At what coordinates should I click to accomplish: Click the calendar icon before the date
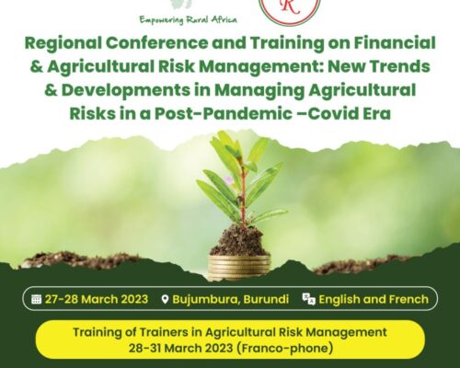tap(36, 299)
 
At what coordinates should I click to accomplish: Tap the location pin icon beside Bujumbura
tap(165, 299)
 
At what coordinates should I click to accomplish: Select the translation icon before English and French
tap(308, 299)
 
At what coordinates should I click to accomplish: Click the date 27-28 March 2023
tap(97, 299)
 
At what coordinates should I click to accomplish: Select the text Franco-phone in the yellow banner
tap(285, 349)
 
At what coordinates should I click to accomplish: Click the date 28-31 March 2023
tap(180, 349)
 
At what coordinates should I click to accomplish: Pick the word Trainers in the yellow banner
tap(162, 332)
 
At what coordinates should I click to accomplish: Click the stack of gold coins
tap(239, 268)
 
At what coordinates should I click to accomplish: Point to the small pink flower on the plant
tap(228, 180)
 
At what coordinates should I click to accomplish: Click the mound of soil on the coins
tap(238, 241)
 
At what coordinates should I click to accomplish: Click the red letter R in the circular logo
tap(290, 6)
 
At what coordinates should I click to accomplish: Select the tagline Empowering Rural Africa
tap(189, 20)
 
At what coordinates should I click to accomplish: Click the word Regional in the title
tap(63, 43)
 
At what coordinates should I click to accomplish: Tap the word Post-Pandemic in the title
tap(224, 114)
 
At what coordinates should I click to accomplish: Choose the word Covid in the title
tap(333, 114)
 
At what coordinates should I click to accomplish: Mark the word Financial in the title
tap(395, 42)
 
